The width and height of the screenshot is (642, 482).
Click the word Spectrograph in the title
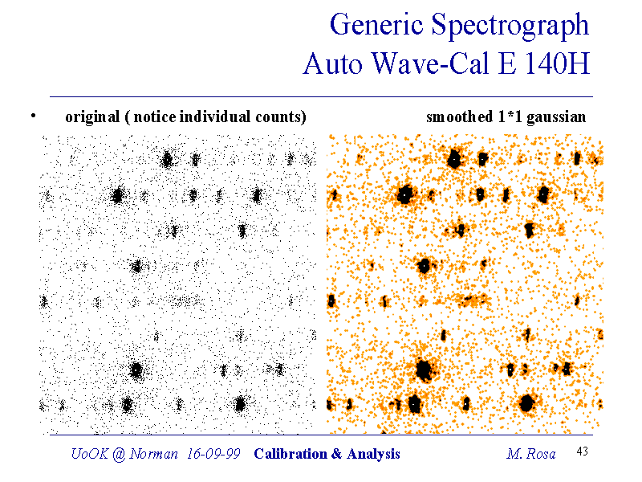coord(512,27)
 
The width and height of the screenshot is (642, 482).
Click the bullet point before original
coord(33,116)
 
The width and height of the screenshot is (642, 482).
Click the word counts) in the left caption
coord(285,117)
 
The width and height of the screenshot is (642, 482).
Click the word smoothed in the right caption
coord(459,117)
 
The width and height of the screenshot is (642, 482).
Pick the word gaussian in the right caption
coord(555,117)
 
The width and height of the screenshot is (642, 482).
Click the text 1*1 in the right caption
coord(507,117)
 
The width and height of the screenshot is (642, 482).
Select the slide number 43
coord(583,452)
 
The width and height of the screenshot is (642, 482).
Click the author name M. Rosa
coord(530,454)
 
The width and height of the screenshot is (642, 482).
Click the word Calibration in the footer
coord(289,454)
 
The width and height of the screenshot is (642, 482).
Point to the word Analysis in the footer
coord(371,454)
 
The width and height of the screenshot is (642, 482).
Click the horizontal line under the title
coord(321,96)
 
